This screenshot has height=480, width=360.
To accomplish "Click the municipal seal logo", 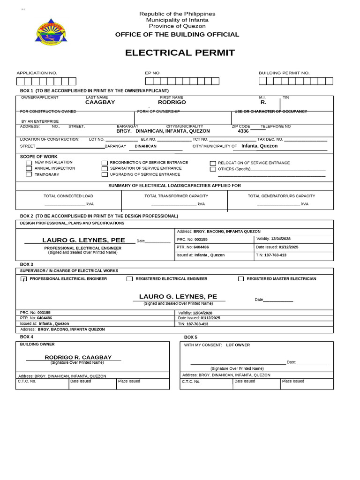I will tap(51, 32).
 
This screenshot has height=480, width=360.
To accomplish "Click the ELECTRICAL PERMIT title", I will tap(180, 52).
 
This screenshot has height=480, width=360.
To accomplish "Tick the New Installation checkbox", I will tap(29, 163).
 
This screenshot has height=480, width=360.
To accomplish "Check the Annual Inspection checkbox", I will tap(29, 168).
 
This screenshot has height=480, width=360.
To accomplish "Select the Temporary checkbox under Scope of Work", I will tap(29, 174).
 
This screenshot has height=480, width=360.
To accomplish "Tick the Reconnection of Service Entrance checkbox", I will tap(105, 163).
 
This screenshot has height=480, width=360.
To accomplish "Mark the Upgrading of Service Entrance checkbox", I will tap(105, 174).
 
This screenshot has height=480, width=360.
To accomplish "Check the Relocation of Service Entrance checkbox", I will tap(213, 163).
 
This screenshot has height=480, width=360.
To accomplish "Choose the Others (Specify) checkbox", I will tap(213, 169).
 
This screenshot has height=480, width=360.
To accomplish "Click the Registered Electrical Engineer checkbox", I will tap(129, 279).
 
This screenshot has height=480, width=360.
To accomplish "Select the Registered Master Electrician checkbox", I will tap(241, 279).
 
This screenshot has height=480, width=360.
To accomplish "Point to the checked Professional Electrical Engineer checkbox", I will tap(23, 279).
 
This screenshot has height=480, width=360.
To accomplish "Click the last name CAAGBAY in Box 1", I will tap(100, 102).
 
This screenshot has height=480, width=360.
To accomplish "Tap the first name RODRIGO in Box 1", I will tap(172, 102).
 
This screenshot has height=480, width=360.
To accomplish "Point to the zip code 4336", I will tap(243, 131).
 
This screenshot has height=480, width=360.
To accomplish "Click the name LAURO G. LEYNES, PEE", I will tap(83, 240).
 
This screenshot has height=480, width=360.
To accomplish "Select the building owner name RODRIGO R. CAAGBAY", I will tap(78, 357).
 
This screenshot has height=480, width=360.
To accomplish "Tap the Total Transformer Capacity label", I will tap(176, 196).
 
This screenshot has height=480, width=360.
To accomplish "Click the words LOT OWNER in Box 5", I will tap(238, 345).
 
